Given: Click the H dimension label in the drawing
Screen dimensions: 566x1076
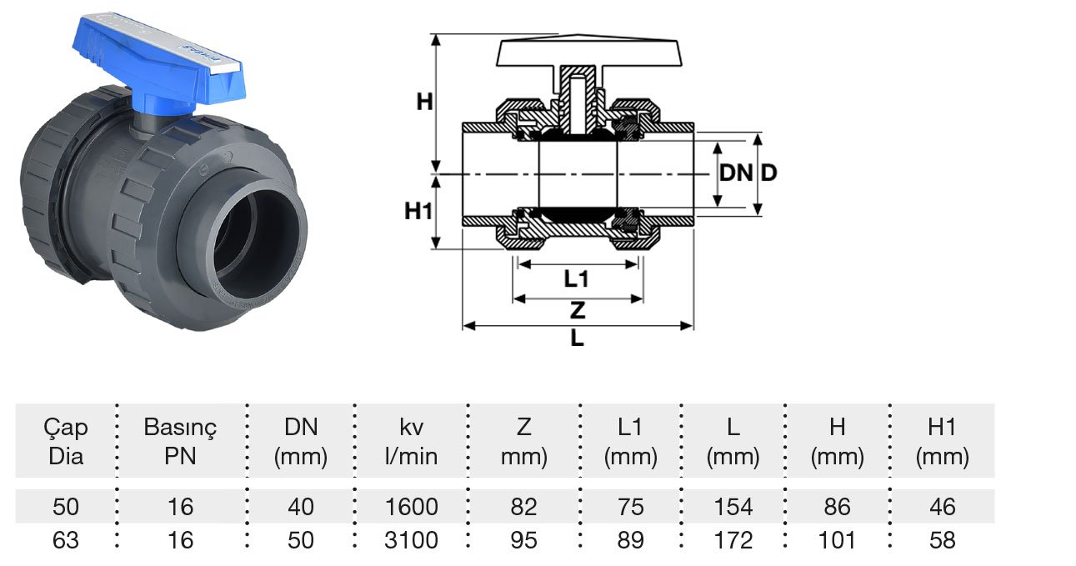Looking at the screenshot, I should [425, 103].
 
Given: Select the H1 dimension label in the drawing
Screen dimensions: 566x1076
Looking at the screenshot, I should [419, 211].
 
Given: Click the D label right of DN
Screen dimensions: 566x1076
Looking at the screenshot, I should [768, 173].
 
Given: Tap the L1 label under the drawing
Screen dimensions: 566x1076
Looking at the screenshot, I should [576, 278].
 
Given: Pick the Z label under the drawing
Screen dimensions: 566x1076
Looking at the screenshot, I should [577, 311].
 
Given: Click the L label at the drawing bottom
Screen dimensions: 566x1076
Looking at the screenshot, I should [577, 339].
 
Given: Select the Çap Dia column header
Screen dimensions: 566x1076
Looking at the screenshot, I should [66, 442].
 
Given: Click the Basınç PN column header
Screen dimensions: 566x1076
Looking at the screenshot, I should [180, 442].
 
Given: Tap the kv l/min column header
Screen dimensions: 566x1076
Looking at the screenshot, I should [412, 442].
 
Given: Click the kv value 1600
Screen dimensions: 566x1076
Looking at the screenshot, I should [412, 507].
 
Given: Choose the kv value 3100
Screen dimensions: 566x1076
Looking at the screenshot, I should [412, 540].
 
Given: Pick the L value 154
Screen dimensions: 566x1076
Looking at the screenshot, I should [733, 507].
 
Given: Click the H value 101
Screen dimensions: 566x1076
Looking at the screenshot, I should [837, 540].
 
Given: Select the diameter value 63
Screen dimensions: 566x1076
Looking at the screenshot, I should [66, 540].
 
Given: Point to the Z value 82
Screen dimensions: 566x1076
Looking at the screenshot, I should [523, 507].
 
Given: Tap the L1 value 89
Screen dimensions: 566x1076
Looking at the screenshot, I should [630, 540].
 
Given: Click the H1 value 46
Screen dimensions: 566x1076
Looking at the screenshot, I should [942, 507].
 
